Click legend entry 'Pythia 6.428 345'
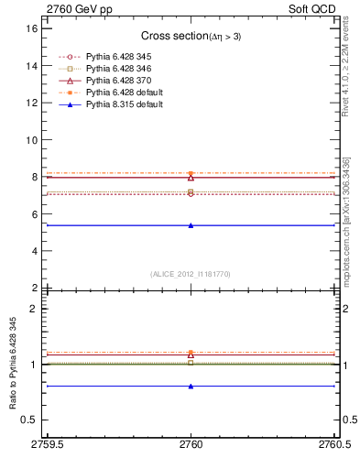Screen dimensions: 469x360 click(x=118, y=57)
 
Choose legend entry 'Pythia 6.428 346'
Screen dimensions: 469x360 click(x=118, y=69)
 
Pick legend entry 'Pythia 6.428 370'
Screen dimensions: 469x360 click(x=118, y=81)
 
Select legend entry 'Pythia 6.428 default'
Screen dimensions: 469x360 click(x=124, y=93)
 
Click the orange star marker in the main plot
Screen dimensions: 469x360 click(x=191, y=173)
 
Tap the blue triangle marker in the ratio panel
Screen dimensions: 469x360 click(x=191, y=387)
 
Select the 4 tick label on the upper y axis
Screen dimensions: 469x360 click(x=34, y=251)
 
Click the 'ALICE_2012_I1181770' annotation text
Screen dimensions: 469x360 click(x=190, y=274)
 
